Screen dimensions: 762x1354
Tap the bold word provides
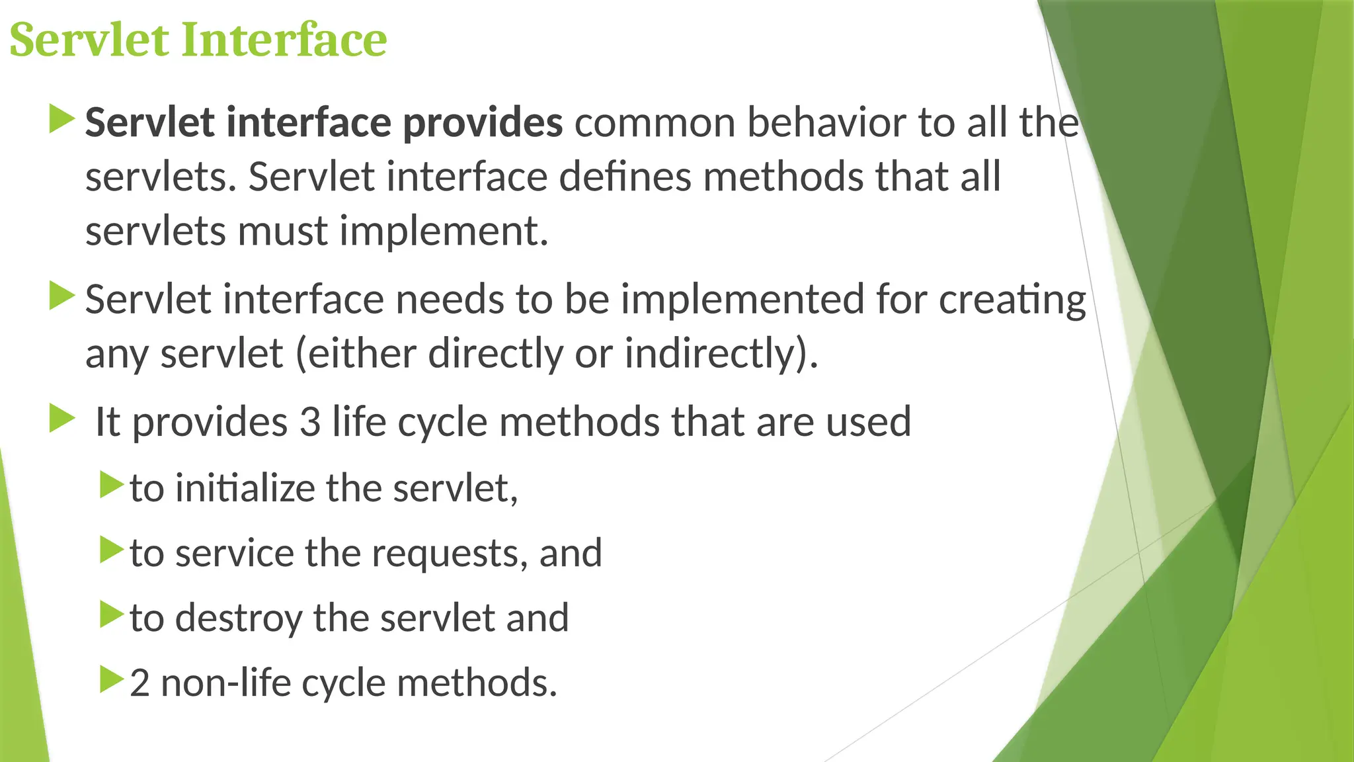tap(483, 123)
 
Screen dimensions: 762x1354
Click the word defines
tap(625, 177)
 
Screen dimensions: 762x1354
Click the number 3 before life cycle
tap(310, 422)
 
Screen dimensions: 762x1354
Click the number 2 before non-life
tap(139, 683)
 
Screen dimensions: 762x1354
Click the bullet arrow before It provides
tap(62, 419)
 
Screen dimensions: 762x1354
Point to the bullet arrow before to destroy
tap(111, 614)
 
